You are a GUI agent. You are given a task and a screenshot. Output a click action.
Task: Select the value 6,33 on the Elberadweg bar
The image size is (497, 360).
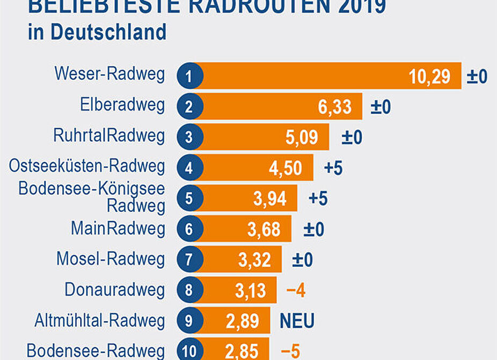(334, 107)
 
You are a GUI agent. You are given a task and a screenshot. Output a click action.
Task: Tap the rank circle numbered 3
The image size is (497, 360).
(189, 137)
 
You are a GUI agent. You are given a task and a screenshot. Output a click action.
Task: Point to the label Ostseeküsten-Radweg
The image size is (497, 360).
(87, 166)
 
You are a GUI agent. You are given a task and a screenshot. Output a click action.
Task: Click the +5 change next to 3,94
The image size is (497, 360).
(318, 199)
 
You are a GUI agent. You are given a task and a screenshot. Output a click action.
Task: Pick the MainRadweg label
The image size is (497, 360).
(118, 229)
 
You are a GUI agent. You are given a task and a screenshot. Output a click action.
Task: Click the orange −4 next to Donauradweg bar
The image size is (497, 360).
(296, 291)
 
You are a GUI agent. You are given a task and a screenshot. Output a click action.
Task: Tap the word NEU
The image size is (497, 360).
(297, 321)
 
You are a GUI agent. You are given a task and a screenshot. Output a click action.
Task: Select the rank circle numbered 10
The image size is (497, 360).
(189, 351)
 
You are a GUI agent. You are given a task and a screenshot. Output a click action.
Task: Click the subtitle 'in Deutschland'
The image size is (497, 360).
(97, 32)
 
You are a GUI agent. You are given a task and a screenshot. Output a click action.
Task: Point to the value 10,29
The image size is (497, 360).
(429, 76)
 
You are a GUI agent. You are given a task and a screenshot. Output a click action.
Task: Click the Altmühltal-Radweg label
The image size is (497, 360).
(99, 321)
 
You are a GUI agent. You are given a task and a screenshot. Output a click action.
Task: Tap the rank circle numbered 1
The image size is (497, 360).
(189, 76)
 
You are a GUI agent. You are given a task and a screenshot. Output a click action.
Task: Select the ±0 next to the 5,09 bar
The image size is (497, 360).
(352, 137)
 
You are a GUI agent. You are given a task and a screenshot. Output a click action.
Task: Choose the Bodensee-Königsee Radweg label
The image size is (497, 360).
(92, 197)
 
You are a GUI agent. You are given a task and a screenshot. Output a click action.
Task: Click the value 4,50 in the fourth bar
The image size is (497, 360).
(285, 168)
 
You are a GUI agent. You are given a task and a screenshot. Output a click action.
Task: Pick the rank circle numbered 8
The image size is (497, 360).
(189, 291)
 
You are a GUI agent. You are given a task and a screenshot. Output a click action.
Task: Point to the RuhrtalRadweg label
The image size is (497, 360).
(109, 136)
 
